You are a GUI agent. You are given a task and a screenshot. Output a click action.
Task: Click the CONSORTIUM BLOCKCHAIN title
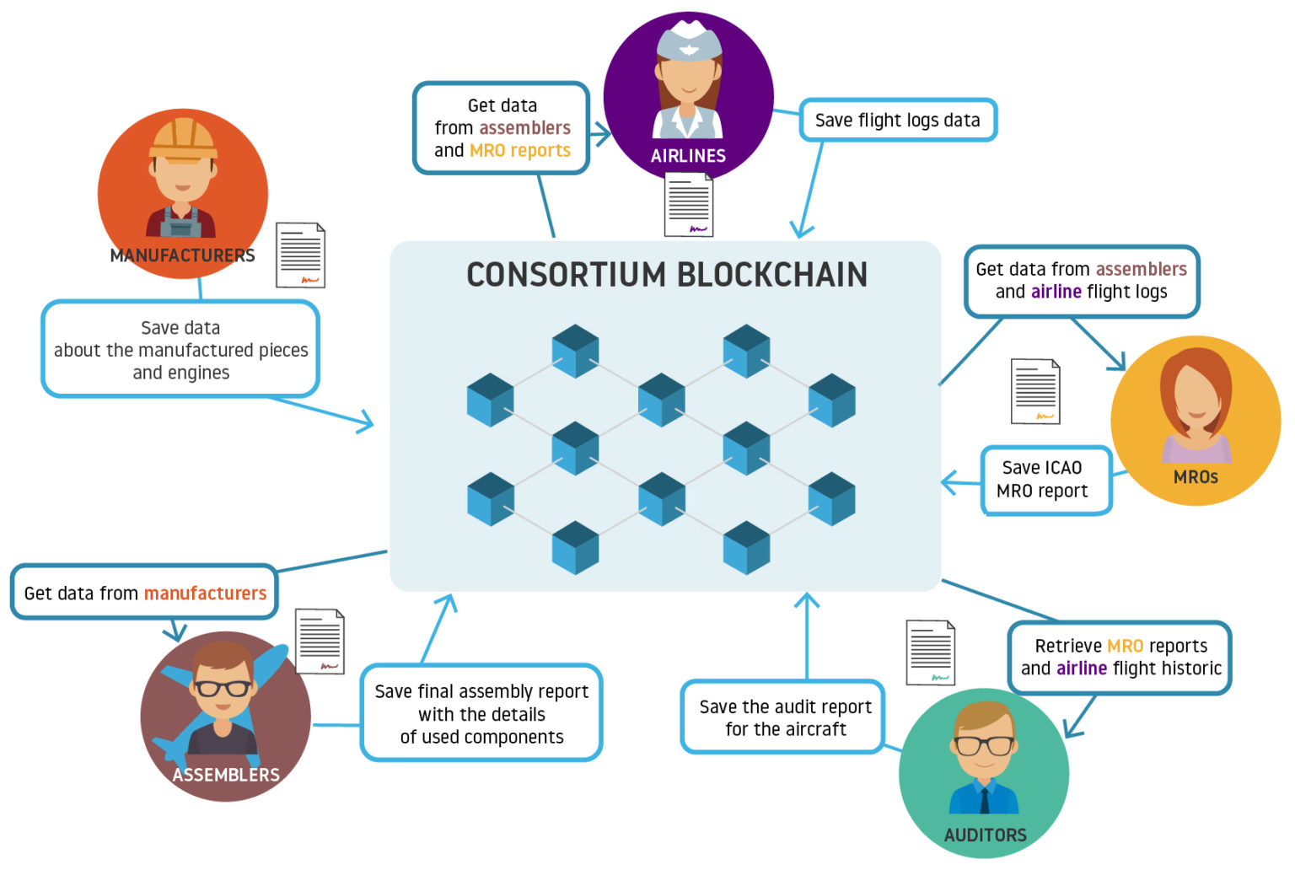pyautogui.click(x=666, y=275)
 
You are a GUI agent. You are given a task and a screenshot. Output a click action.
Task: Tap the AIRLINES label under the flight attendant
pyautogui.click(x=688, y=156)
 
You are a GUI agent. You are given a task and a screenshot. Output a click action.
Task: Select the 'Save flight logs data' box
pyautogui.click(x=897, y=121)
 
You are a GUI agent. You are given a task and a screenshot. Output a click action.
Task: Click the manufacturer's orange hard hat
pyautogui.click(x=183, y=139)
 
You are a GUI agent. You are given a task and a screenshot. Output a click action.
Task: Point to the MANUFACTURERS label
pyautogui.click(x=182, y=255)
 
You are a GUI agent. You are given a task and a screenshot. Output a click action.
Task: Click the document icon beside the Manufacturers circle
pyautogui.click(x=301, y=255)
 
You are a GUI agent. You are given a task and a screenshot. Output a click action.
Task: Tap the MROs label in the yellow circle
pyautogui.click(x=1196, y=477)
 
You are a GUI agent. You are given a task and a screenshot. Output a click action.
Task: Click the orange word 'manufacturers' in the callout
pyautogui.click(x=205, y=593)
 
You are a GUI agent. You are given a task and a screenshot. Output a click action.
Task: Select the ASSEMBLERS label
pyautogui.click(x=226, y=775)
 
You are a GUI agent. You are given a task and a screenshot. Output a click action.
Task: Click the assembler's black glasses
pyautogui.click(x=223, y=688)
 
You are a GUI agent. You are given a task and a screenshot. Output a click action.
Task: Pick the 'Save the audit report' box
pyautogui.click(x=784, y=717)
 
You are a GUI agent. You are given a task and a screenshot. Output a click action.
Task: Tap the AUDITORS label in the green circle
pyautogui.click(x=985, y=835)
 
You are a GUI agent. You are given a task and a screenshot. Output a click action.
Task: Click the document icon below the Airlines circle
pyautogui.click(x=689, y=205)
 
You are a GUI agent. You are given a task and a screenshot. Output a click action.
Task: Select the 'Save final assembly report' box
pyautogui.click(x=481, y=713)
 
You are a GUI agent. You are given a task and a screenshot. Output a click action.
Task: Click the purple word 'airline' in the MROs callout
pyautogui.click(x=1056, y=292)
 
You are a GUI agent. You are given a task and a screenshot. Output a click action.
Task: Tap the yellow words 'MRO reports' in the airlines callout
pyautogui.click(x=520, y=151)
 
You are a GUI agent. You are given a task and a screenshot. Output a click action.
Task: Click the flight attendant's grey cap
pyautogui.click(x=689, y=42)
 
